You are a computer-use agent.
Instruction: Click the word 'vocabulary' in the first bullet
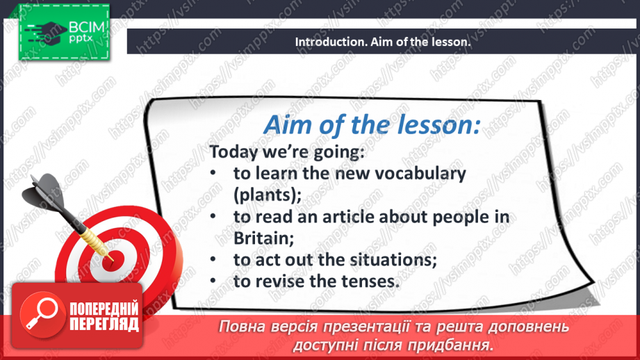coord(420,174)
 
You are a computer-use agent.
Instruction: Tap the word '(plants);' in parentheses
coord(268,195)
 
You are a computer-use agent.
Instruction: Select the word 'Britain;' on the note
coord(263,238)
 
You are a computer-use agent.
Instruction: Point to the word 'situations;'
coord(393,260)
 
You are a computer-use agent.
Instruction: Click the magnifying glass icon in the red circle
coord(42,313)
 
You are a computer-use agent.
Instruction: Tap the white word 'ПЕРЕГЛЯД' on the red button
coord(104,325)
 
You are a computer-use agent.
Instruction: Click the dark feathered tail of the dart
coord(44,192)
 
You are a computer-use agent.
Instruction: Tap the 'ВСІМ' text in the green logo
coord(87,27)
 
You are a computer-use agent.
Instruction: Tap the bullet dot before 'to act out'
coord(213,259)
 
